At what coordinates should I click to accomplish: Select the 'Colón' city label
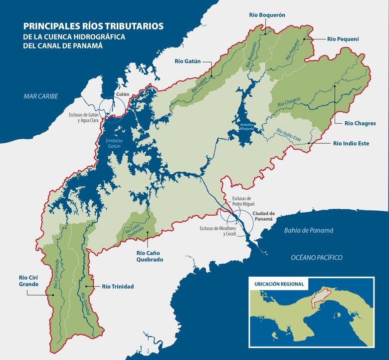[x=122, y=94]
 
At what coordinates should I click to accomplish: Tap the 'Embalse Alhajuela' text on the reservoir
[x=247, y=126]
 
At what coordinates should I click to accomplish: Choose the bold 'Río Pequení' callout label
[x=343, y=38]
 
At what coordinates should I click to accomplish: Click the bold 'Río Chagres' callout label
[x=359, y=122]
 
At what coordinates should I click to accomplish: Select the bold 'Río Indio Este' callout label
[x=351, y=143]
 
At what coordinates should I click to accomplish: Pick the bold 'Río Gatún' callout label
[x=187, y=61]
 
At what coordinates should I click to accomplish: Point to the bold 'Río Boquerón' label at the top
[x=267, y=15]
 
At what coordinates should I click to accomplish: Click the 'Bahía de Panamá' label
[x=308, y=230]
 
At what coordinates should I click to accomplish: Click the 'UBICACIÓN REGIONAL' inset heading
[x=279, y=284]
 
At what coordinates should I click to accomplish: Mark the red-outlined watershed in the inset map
[x=318, y=298]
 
